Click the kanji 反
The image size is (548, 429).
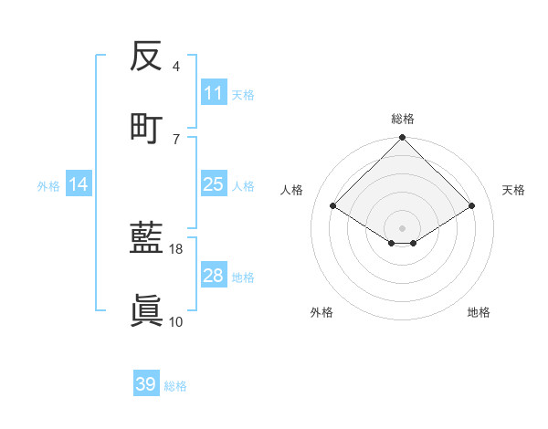pos(146,57)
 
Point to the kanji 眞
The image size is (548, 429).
pos(146,310)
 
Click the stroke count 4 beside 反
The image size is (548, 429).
pos(176,67)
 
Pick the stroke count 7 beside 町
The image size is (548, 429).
pos(176,138)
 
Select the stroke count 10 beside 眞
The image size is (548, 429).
pos(176,321)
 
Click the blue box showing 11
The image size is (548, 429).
pos(213,93)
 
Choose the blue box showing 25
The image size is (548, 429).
pos(213,185)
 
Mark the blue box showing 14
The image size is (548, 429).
pos(79,185)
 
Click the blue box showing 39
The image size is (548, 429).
pos(146,384)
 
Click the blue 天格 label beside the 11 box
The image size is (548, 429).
pos(243,94)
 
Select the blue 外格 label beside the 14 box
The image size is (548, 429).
pos(48,186)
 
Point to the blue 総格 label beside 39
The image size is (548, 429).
pos(175,386)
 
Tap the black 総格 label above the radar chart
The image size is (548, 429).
pos(403,119)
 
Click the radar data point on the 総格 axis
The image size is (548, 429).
pos(403,139)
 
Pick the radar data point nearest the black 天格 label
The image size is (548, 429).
pos(471,206)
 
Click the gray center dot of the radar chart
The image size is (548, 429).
pos(403,227)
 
